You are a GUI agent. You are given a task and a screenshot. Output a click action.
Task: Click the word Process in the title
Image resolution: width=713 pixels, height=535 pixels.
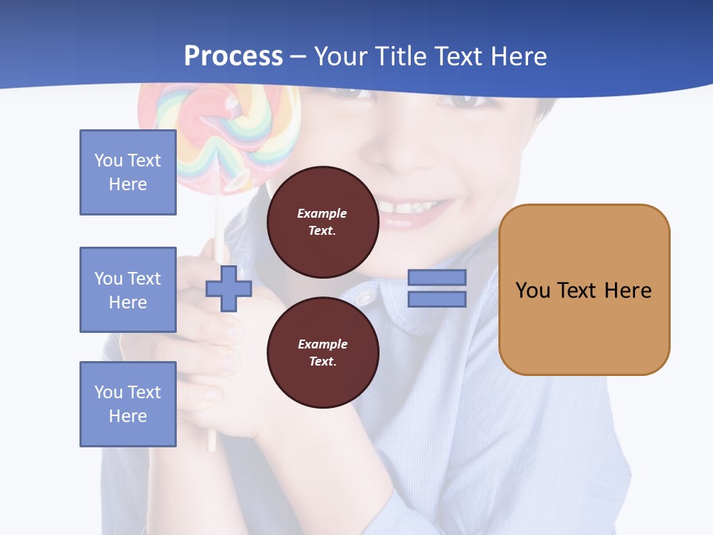point(233,56)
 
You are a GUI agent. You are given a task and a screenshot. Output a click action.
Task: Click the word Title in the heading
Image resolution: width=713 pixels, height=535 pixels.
point(402,56)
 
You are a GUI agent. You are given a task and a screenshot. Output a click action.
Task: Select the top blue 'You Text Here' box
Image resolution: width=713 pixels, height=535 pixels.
point(128,172)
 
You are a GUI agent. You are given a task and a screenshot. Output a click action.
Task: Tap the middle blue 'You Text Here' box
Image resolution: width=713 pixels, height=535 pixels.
point(128,290)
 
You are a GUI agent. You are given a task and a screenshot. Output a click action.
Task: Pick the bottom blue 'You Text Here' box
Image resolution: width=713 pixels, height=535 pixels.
point(128,404)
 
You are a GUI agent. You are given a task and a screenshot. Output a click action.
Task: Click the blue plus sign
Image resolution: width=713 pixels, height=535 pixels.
point(228,288)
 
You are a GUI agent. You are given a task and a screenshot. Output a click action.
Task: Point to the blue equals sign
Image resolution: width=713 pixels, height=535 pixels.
point(437,288)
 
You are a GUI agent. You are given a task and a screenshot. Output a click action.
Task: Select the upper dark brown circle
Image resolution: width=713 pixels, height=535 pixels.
point(322,222)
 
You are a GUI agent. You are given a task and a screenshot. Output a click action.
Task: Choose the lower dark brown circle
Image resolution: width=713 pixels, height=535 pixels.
point(322,353)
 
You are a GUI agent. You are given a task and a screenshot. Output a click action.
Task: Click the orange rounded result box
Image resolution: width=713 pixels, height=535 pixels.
point(584,290)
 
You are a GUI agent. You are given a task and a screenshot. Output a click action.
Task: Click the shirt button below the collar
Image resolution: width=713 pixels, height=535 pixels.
point(365,298)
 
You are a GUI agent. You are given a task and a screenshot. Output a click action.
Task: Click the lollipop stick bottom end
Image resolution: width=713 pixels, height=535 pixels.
point(211,446)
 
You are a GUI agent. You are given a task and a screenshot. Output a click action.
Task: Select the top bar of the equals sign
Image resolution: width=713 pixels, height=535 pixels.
point(437,278)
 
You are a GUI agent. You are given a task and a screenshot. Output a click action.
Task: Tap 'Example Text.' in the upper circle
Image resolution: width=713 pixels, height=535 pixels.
point(322,222)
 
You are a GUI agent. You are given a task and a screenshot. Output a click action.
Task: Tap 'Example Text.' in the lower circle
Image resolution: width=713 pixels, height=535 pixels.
point(322,353)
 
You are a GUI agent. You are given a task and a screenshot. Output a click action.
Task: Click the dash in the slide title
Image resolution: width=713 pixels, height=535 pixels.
point(298,57)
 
